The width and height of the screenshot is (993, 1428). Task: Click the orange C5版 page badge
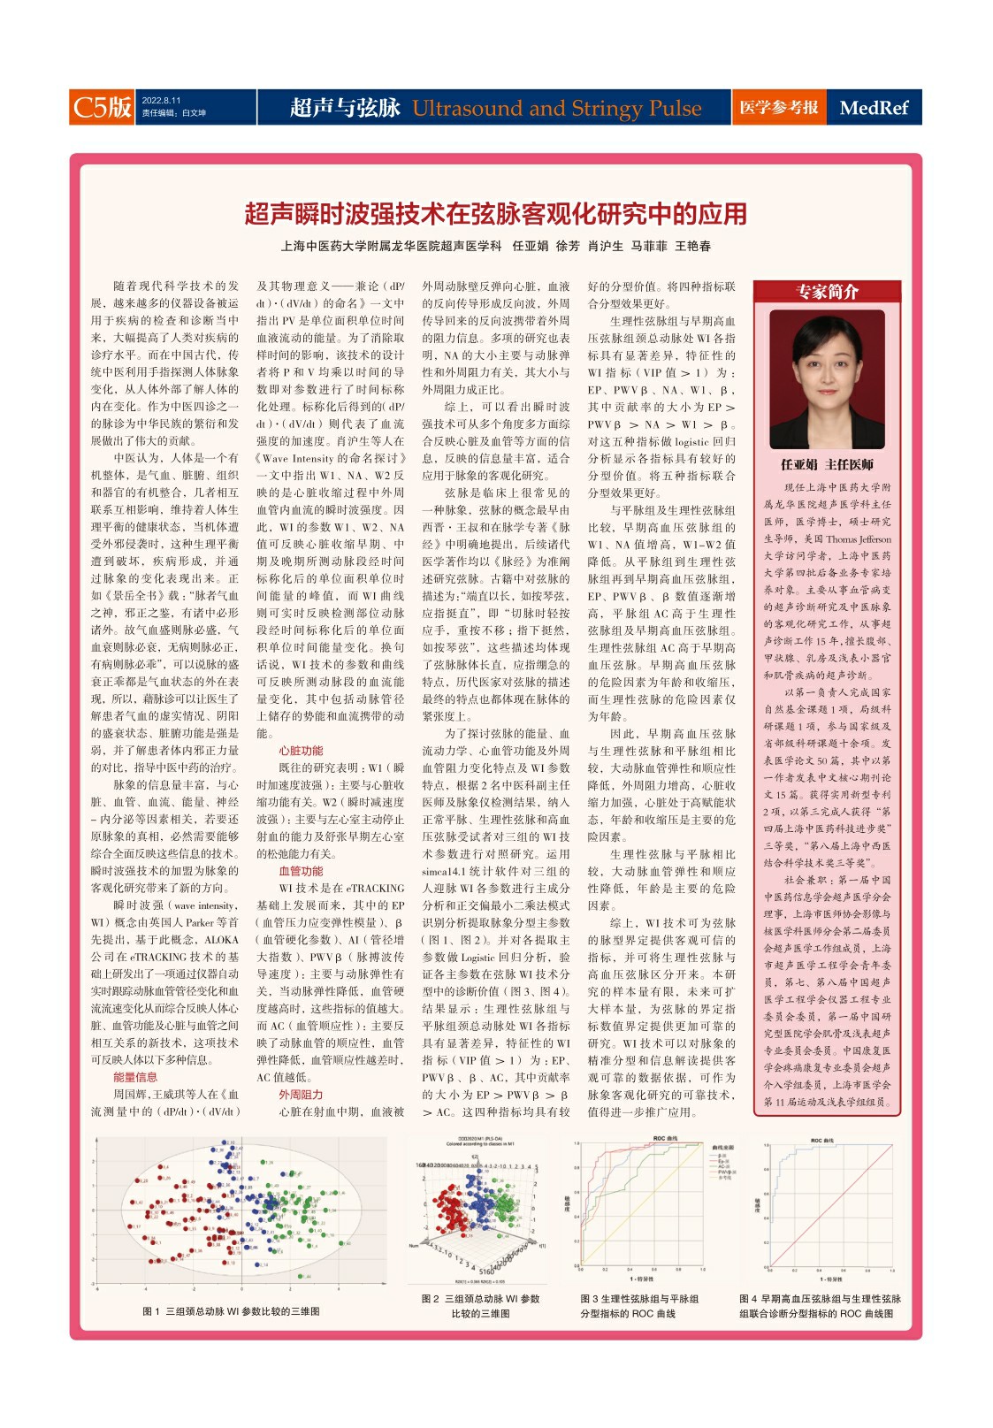click(x=102, y=107)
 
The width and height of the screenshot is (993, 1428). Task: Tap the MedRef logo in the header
click(x=874, y=108)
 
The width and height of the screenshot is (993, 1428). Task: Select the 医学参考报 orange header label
click(x=778, y=108)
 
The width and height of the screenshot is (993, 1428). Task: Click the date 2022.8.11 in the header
click(x=161, y=101)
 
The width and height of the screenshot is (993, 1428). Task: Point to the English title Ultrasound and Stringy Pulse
click(x=557, y=109)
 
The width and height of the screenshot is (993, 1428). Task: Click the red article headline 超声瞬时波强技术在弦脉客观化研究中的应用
click(x=496, y=214)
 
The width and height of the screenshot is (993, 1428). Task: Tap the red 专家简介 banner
click(x=827, y=292)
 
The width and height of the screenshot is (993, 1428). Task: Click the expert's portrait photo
click(x=827, y=379)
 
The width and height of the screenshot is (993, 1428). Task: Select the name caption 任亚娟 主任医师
click(x=827, y=464)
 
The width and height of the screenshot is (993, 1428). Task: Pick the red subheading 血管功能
click(x=301, y=871)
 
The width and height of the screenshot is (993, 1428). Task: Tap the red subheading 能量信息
click(x=135, y=1077)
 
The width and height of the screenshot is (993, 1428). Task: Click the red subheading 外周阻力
click(x=301, y=1095)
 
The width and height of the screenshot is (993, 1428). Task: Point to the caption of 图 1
click(x=231, y=1311)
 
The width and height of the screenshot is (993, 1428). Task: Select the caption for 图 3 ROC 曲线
click(x=639, y=1306)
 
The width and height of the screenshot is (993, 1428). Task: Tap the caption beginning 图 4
click(x=820, y=1306)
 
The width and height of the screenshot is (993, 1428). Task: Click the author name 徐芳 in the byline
click(x=568, y=247)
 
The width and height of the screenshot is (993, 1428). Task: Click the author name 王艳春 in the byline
click(x=693, y=247)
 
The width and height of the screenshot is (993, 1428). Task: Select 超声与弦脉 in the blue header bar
click(x=346, y=108)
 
